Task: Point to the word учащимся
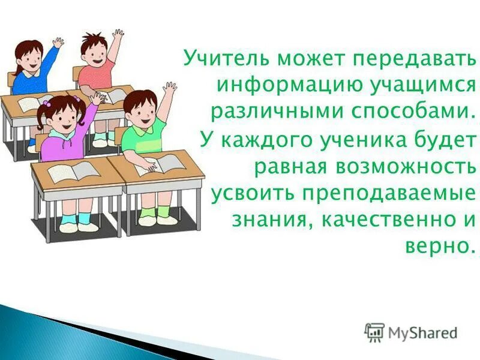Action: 412,85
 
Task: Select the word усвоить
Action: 251,194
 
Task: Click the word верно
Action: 436,247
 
